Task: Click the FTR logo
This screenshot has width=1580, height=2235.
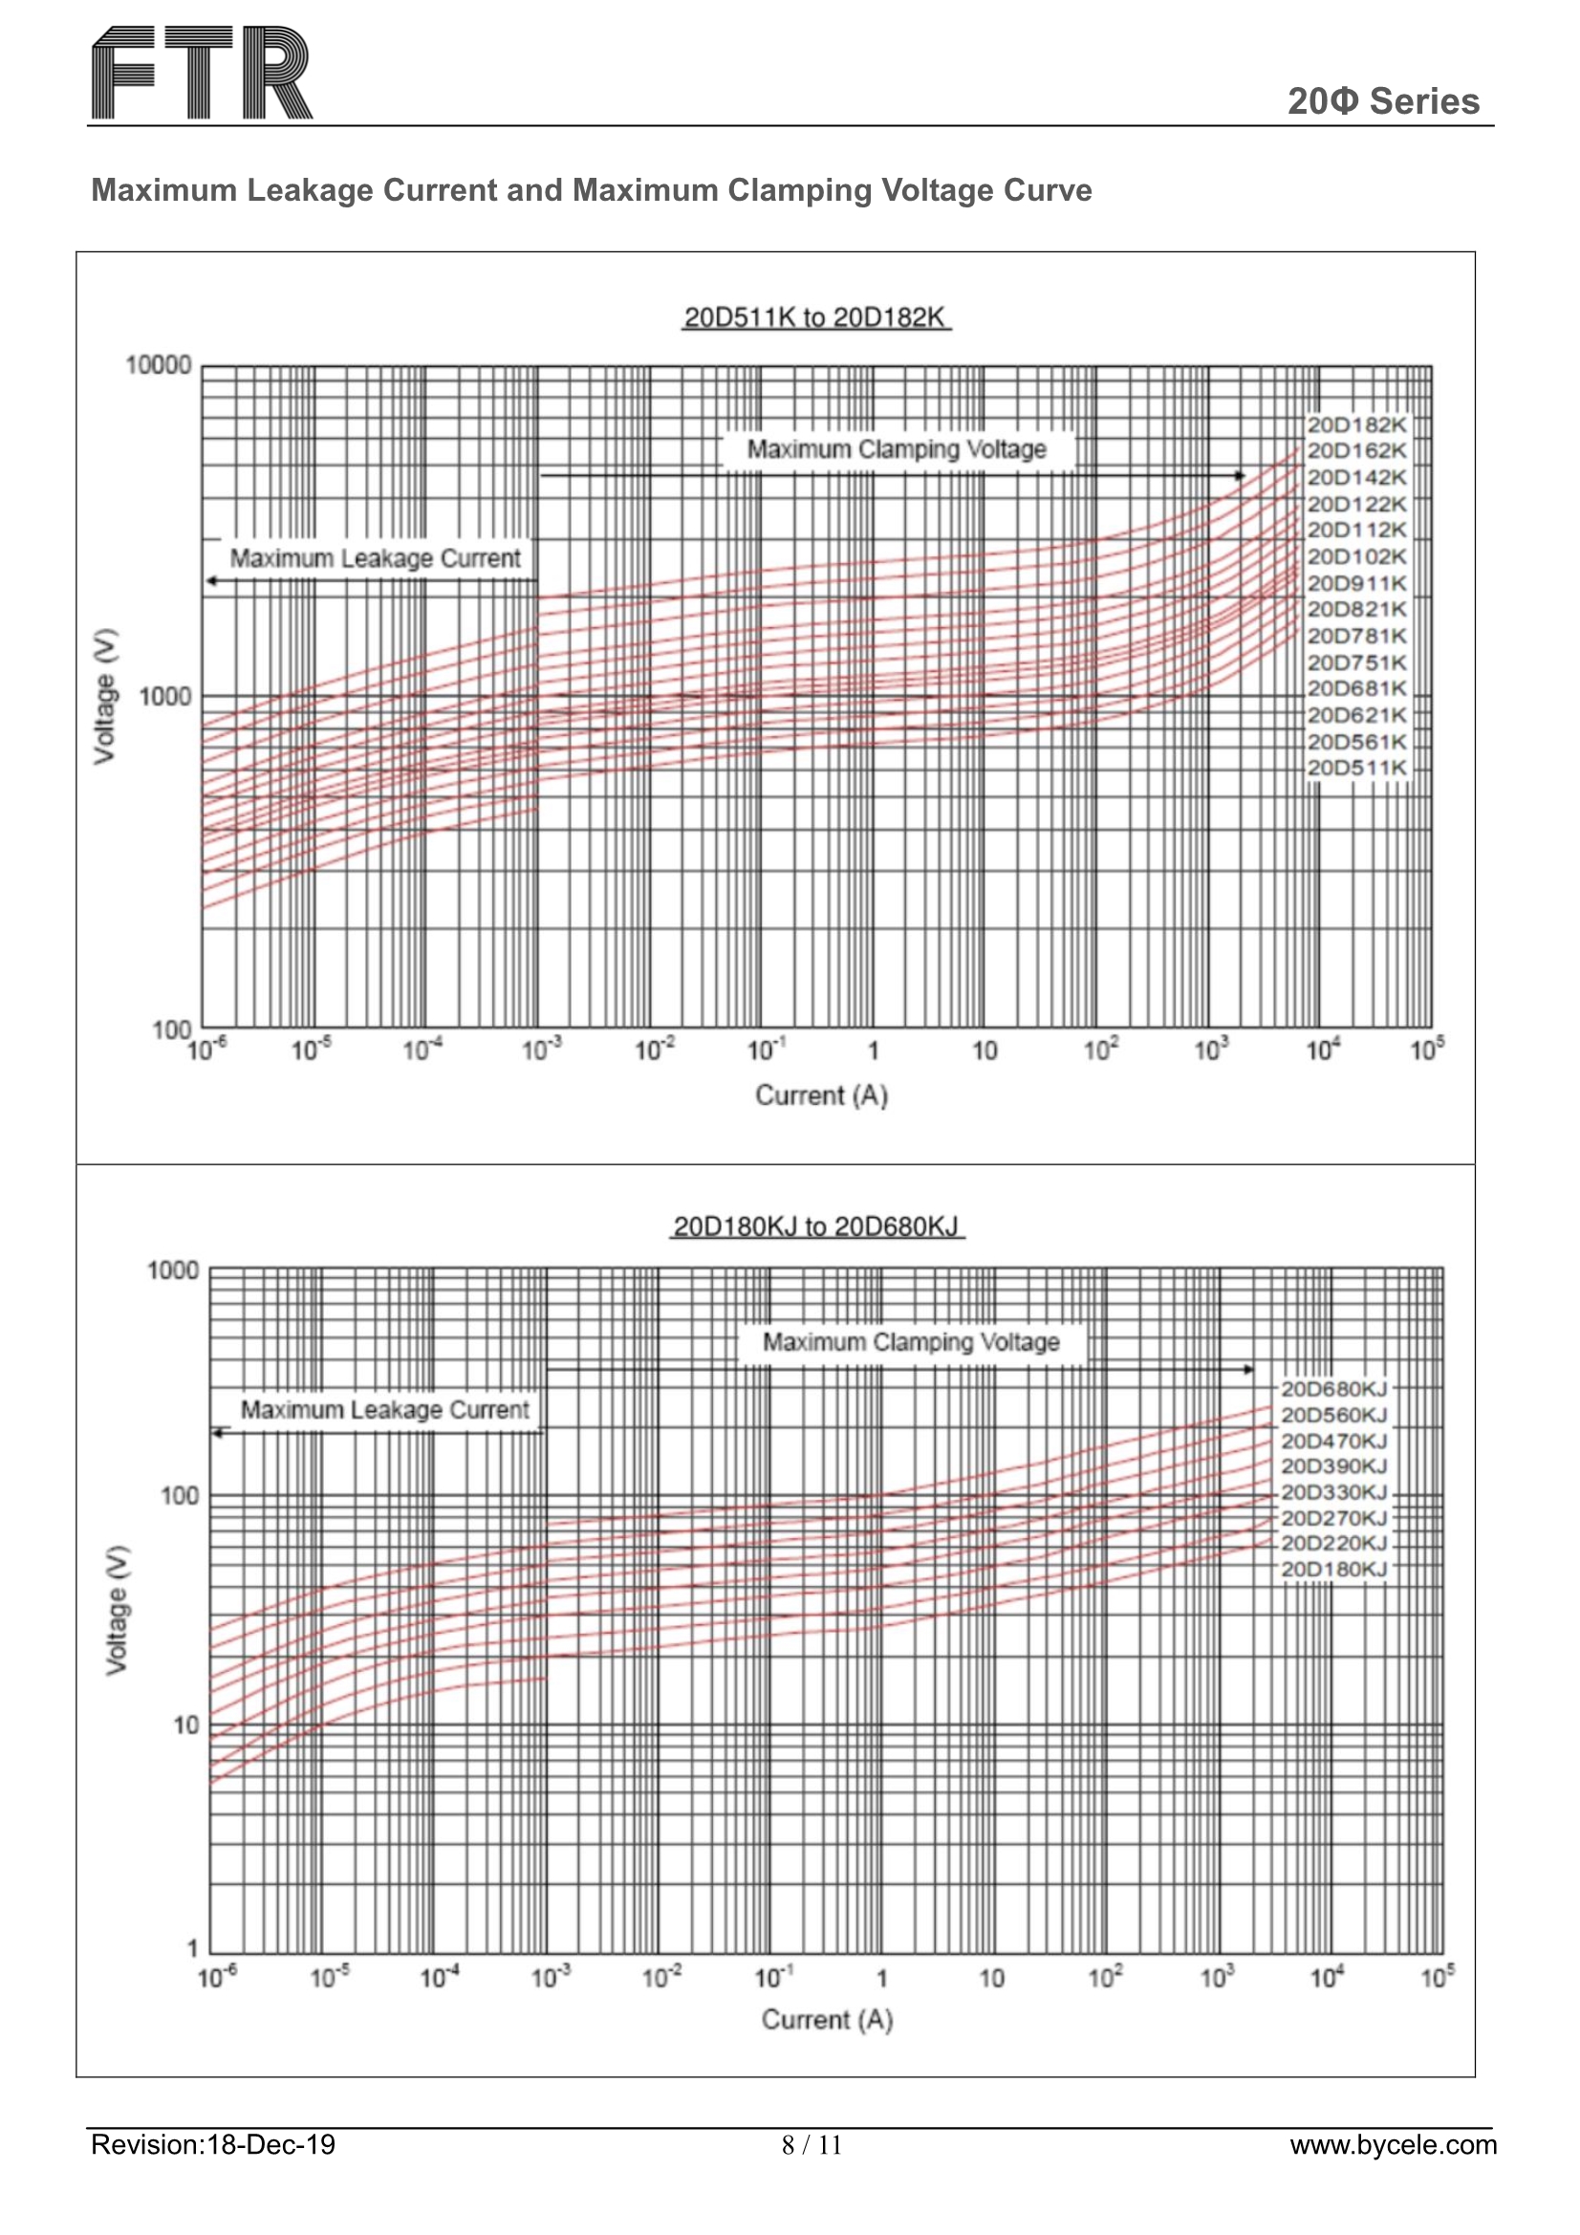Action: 202,73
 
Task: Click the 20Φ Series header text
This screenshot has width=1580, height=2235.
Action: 1382,101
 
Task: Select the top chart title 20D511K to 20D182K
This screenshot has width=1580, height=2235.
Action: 815,317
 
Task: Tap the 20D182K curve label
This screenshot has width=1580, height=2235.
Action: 1356,425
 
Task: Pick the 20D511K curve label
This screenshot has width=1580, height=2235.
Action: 1356,768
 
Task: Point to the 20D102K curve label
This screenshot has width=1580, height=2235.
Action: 1356,556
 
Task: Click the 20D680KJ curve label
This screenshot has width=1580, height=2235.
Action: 1332,1389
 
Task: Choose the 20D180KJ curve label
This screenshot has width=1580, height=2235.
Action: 1332,1569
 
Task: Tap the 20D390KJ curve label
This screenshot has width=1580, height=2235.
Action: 1332,1466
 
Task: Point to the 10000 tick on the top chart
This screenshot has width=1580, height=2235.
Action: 159,366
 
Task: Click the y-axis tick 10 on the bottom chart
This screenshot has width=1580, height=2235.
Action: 185,1725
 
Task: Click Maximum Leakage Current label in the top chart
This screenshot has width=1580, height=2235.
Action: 375,558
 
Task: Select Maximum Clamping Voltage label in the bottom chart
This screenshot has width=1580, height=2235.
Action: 910,1342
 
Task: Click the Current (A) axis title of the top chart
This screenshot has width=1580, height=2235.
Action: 821,1096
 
